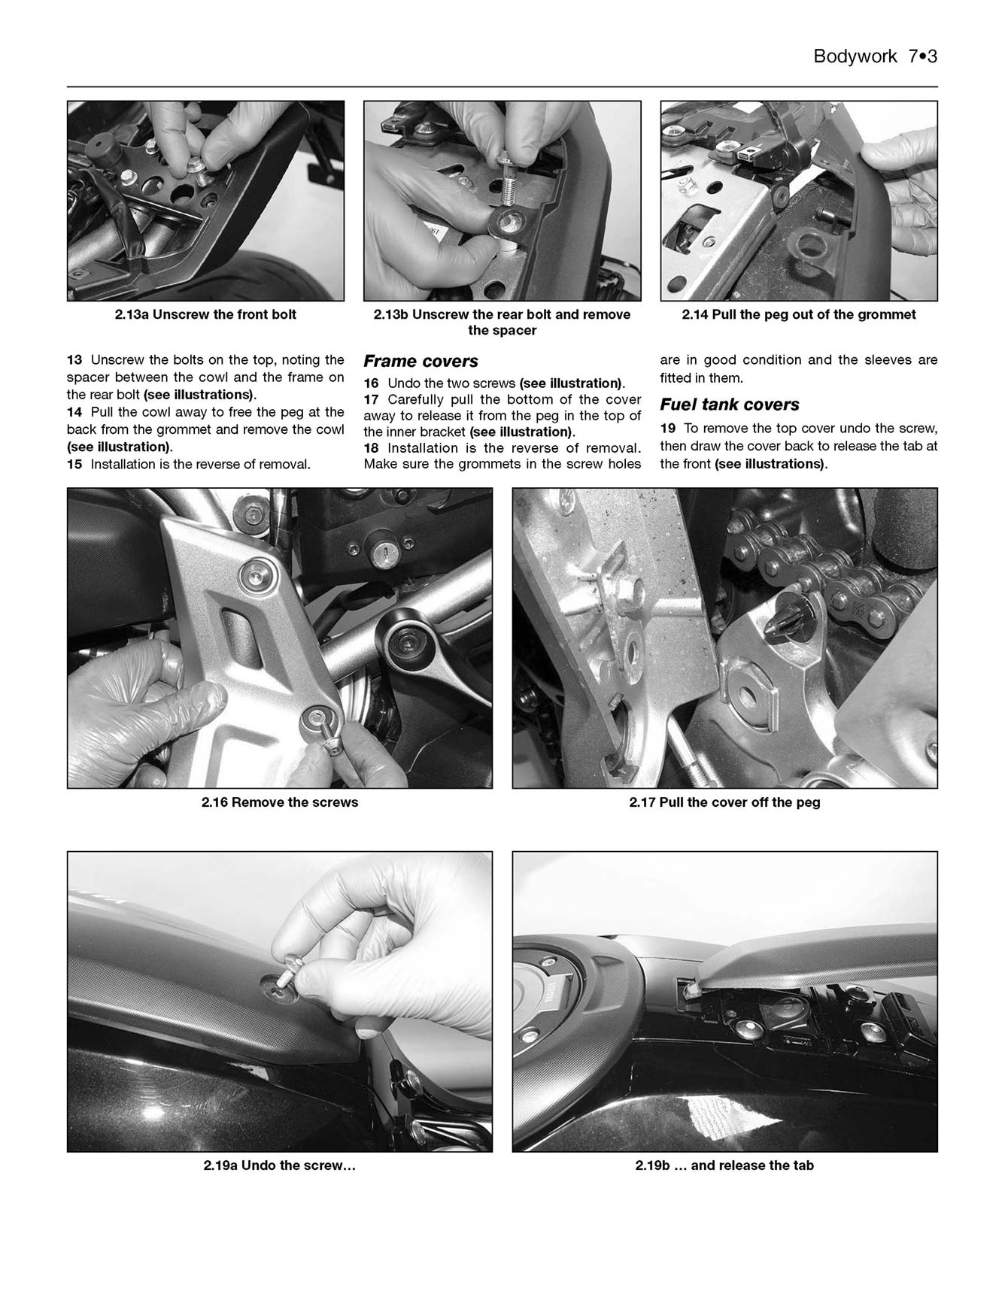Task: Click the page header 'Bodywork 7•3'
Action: [x=875, y=57]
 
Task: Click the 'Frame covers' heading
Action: [x=421, y=362]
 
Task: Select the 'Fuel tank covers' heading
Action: [x=729, y=405]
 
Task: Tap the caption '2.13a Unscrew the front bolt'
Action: [x=205, y=315]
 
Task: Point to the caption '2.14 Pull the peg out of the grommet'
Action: [x=798, y=315]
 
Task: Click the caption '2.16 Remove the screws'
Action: [x=279, y=802]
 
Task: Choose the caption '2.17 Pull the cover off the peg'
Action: [x=724, y=802]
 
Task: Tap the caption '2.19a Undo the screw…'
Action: [x=279, y=1166]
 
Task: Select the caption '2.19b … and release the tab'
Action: [x=724, y=1166]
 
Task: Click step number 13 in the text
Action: [x=74, y=360]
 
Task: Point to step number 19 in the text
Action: [x=668, y=429]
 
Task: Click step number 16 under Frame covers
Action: [x=371, y=383]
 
